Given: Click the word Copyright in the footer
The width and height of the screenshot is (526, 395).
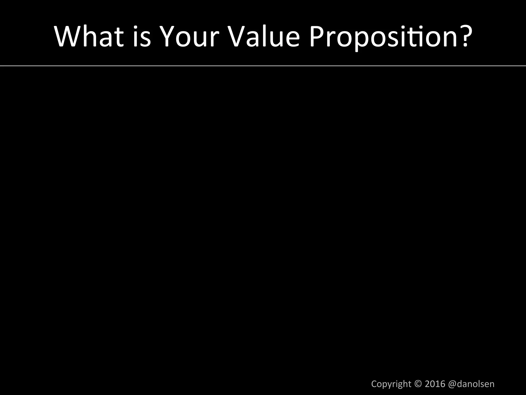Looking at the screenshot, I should tap(391, 384).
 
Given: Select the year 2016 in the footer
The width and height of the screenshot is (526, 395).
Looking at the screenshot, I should tap(435, 384).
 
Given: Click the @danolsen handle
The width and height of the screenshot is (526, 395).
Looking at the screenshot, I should tap(471, 384).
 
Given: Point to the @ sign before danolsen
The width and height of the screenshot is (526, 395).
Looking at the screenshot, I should tap(452, 384).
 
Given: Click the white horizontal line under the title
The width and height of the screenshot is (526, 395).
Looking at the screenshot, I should tap(263, 66).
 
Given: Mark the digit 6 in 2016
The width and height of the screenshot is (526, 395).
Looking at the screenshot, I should tap(442, 384).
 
